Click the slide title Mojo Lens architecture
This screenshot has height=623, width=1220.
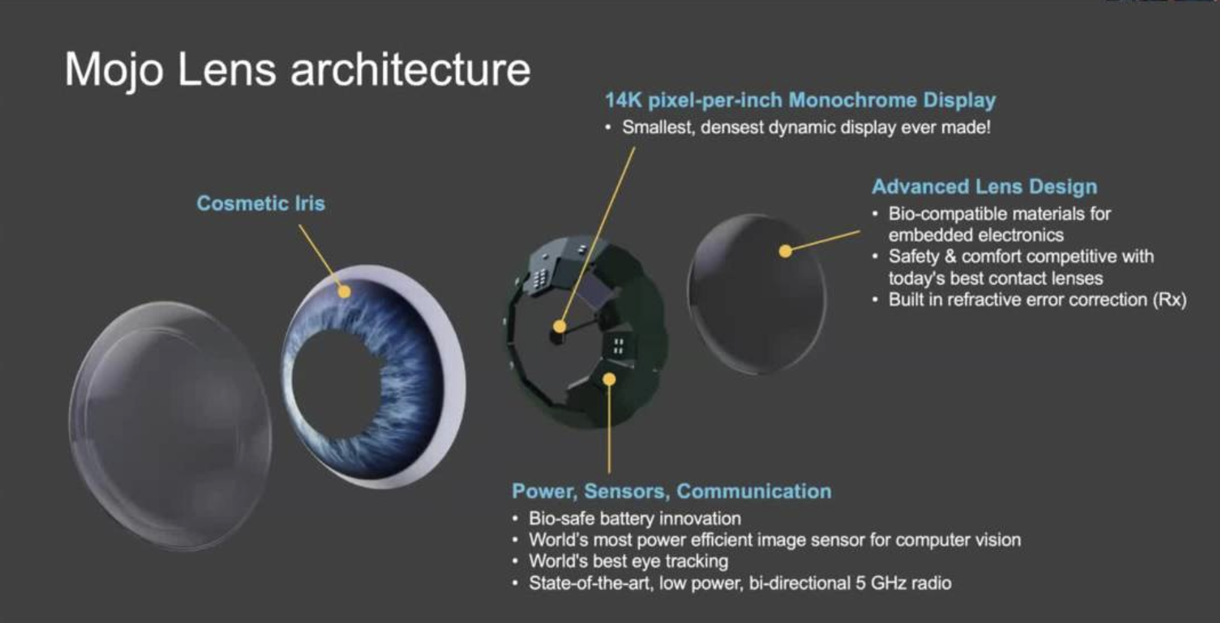point(297,70)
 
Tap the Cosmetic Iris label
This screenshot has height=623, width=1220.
point(261,203)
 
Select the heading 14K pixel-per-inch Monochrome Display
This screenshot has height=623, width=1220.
point(800,100)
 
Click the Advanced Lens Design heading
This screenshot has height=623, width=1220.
point(985,186)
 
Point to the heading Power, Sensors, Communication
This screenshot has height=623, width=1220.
point(672,491)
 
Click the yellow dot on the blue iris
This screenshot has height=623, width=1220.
point(344,291)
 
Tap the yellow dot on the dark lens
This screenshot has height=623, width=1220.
point(785,251)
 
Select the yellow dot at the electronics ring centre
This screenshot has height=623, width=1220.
point(559,326)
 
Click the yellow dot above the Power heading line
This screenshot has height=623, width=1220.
point(609,379)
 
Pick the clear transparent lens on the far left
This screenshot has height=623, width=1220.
point(170,425)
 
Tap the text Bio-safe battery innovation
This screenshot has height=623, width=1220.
point(635,519)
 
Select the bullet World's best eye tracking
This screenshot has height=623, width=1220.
point(628,561)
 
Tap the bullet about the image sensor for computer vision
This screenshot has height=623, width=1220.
point(775,540)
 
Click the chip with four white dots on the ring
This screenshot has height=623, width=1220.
point(619,346)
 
